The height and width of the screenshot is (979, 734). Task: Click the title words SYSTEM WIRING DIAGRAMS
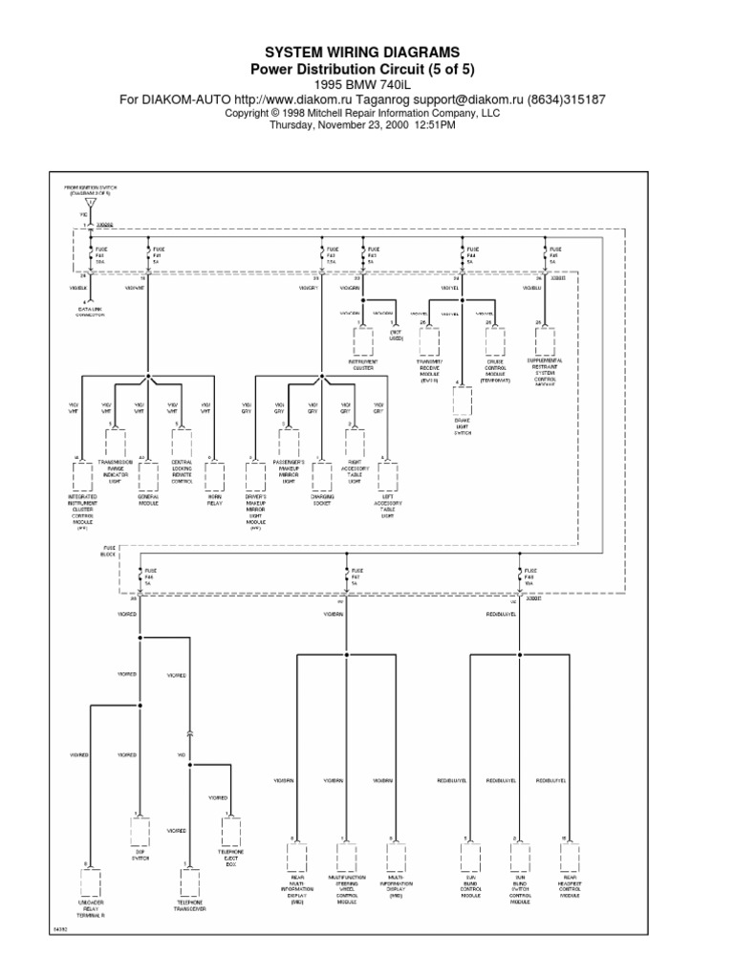coord(367,51)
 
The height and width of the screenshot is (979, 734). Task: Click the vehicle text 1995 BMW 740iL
coord(367,83)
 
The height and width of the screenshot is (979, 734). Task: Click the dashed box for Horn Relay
coord(214,475)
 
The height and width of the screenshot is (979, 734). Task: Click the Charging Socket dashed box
coord(320,475)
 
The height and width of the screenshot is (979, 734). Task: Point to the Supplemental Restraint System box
coord(545,340)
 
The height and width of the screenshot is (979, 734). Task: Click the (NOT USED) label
coord(396,336)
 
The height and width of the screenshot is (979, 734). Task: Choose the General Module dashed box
coord(147,475)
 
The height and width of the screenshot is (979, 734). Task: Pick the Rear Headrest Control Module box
coord(571,855)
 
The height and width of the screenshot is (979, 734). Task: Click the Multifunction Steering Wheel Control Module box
coord(346,855)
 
